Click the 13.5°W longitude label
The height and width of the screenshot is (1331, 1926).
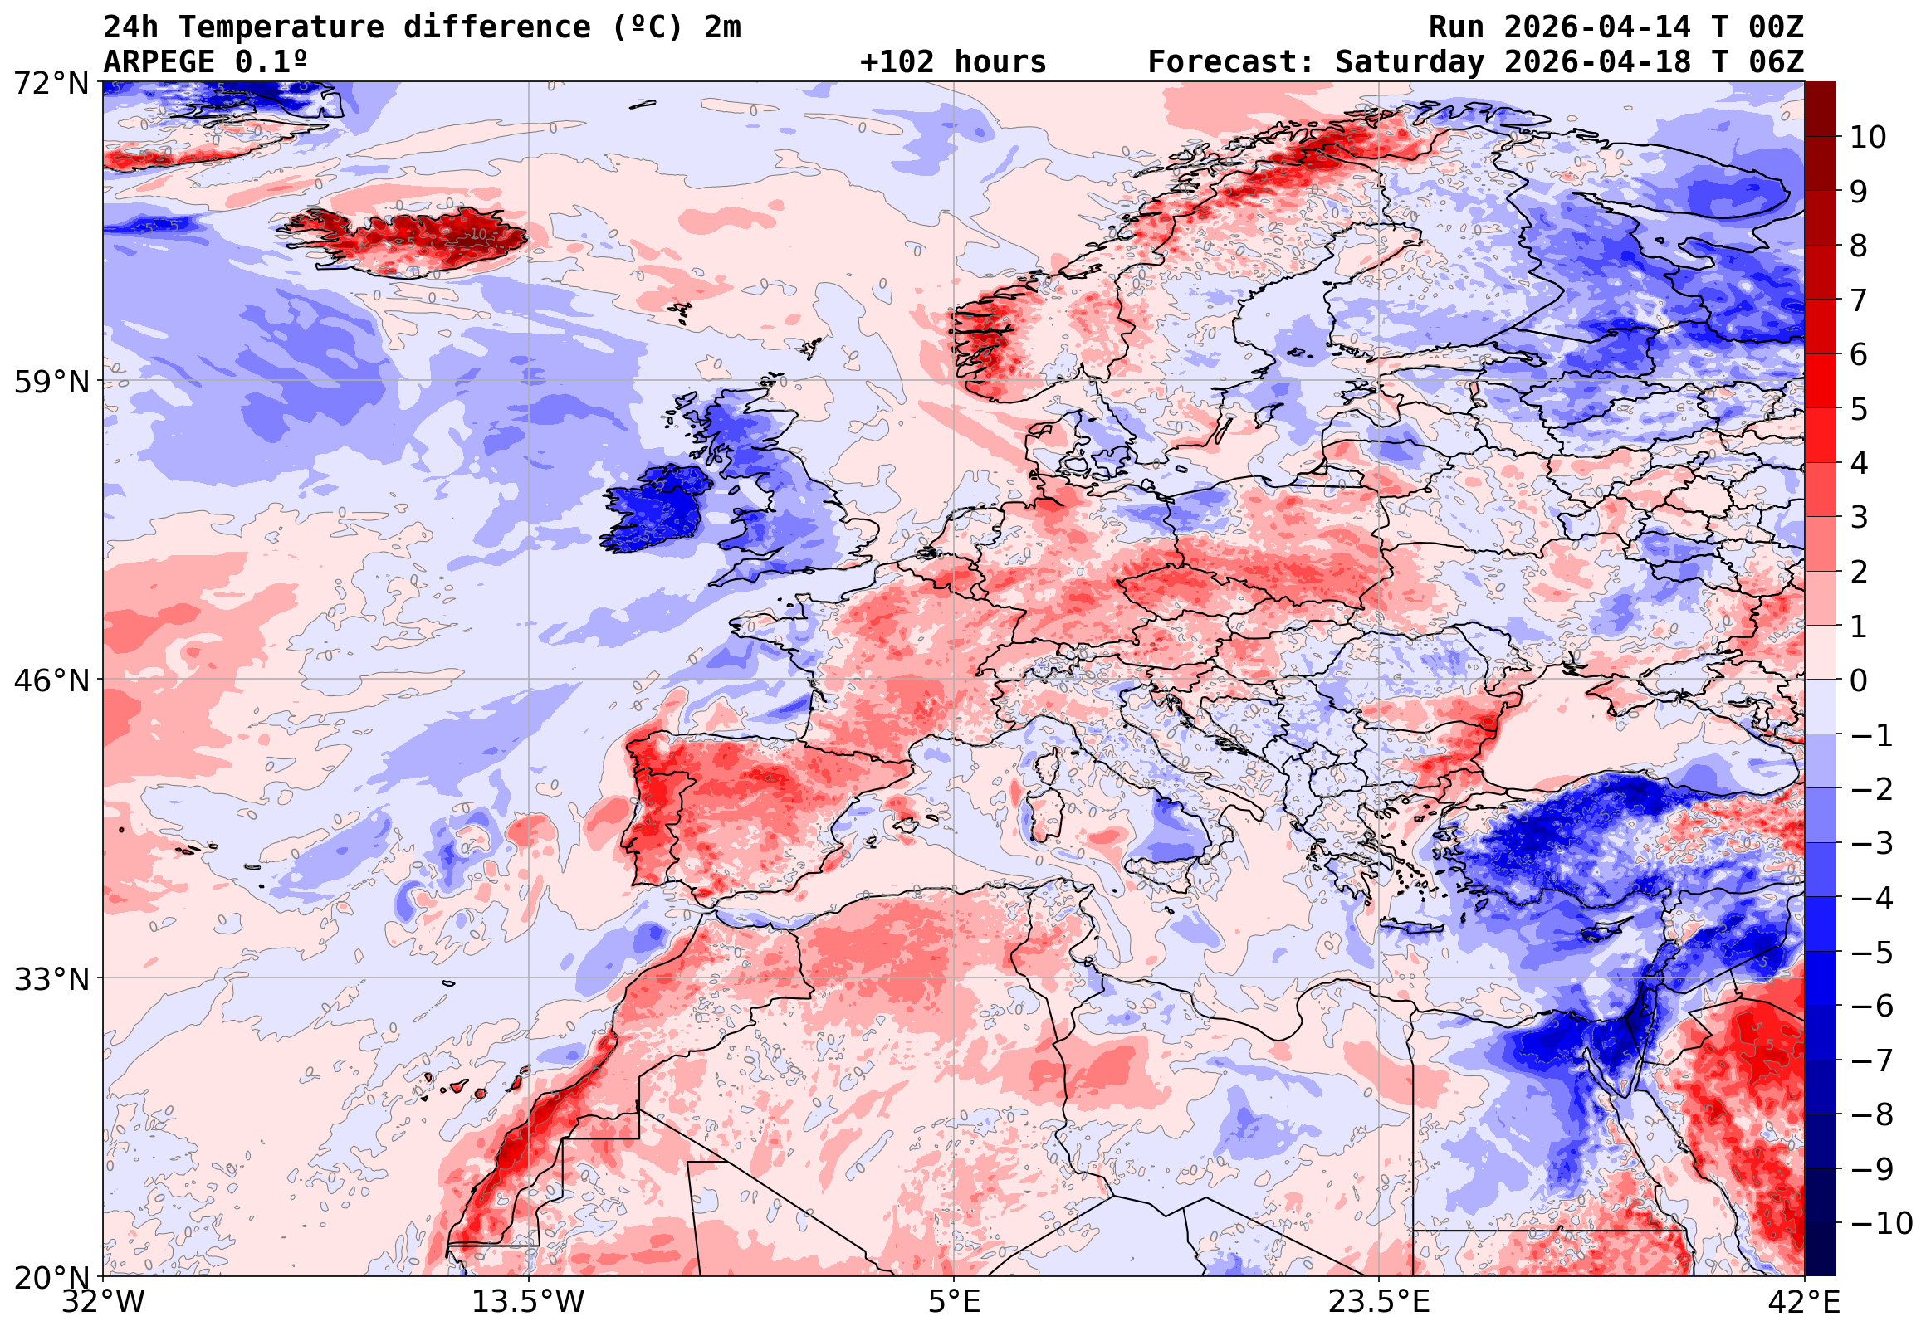(x=529, y=1302)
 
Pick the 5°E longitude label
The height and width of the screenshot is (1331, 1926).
(x=954, y=1302)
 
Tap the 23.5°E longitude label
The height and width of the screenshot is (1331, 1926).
(x=1379, y=1302)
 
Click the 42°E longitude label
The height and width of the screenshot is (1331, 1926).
(x=1805, y=1302)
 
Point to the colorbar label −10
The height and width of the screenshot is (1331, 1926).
(x=1881, y=1223)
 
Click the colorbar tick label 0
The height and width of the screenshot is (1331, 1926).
(x=1860, y=680)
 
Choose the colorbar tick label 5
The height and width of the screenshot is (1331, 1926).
(x=1860, y=409)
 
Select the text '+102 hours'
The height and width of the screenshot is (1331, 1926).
(x=952, y=62)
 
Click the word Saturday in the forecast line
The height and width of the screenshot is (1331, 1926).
(x=1410, y=62)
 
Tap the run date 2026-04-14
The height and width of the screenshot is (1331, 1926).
(x=1597, y=27)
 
